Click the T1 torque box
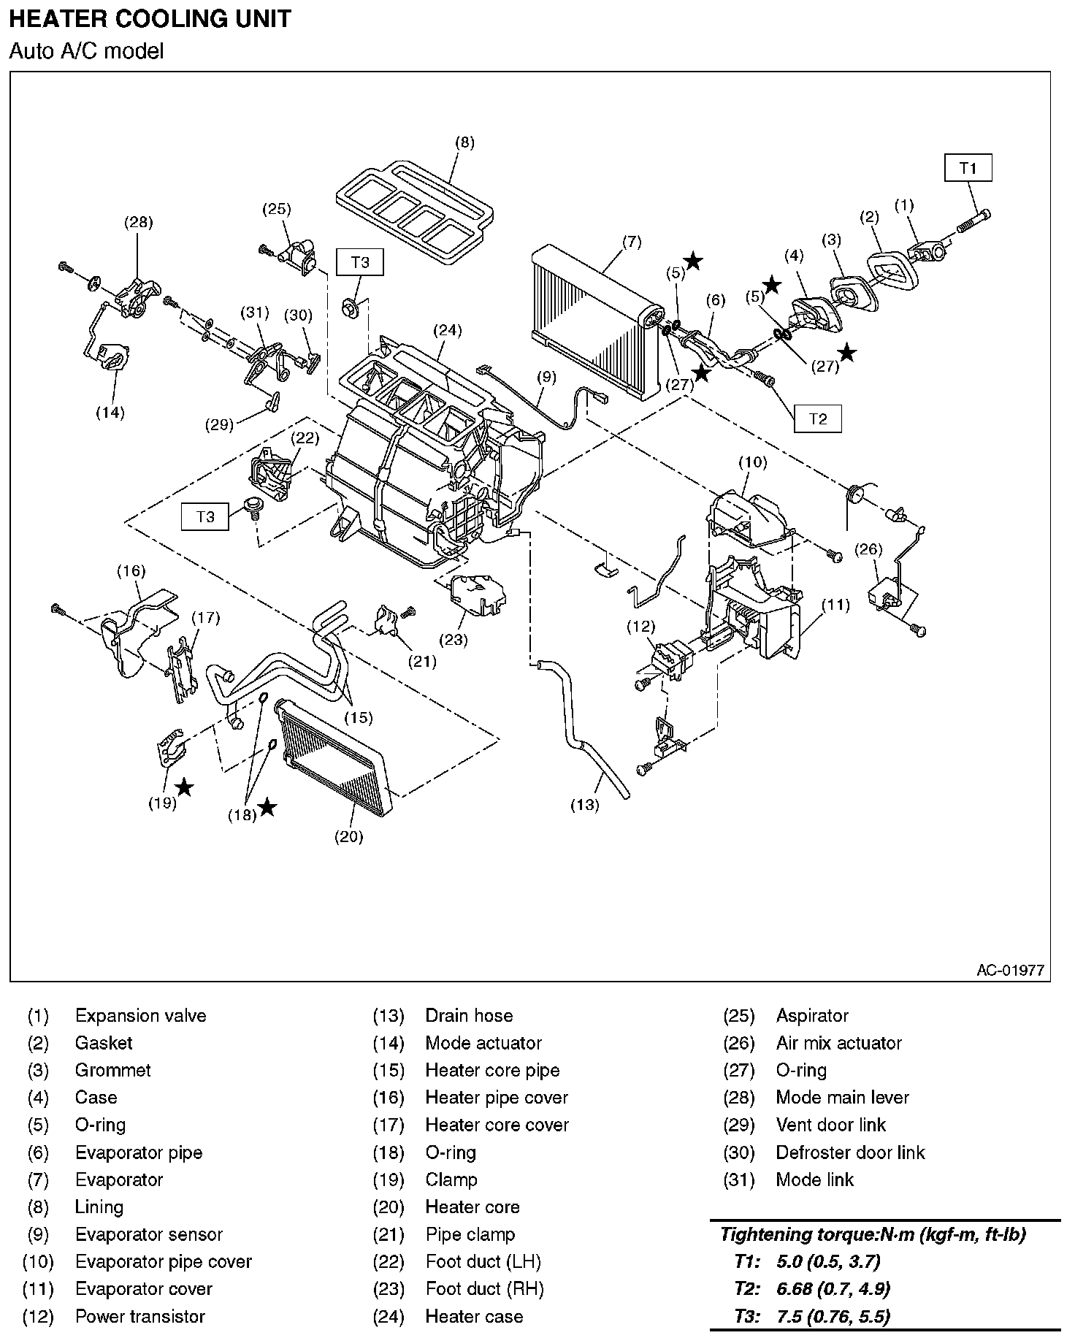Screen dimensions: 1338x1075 (x=968, y=168)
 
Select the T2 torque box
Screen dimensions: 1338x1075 (x=818, y=418)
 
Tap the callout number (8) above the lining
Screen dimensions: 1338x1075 (x=464, y=142)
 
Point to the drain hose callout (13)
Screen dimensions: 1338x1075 (x=585, y=805)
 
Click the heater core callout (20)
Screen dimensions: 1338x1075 (x=348, y=836)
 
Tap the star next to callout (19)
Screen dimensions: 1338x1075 (x=185, y=787)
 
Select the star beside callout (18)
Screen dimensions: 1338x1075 (x=268, y=806)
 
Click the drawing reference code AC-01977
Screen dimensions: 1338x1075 (x=1010, y=970)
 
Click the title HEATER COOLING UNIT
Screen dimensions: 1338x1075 (x=150, y=18)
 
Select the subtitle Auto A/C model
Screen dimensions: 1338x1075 (x=86, y=51)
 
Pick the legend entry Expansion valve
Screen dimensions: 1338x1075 (x=140, y=1016)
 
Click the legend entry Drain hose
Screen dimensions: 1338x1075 (x=469, y=1016)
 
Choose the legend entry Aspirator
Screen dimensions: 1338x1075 (x=812, y=1016)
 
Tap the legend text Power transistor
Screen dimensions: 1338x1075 (x=140, y=1317)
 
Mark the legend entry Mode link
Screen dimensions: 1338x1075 (x=814, y=1180)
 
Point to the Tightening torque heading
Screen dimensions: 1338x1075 (x=873, y=1234)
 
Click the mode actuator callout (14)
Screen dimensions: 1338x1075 (x=110, y=413)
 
